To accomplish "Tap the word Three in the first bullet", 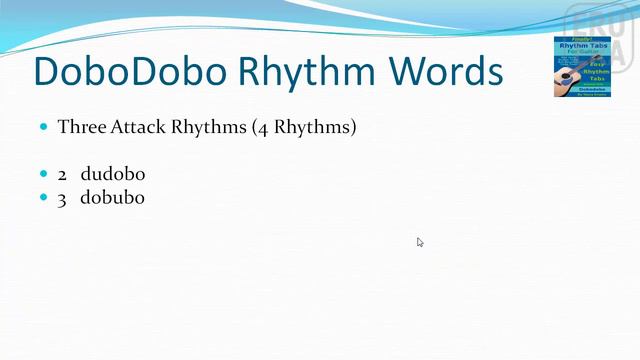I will (80, 128).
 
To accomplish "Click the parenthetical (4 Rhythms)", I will (309, 128).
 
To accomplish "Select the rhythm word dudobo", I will (113, 174).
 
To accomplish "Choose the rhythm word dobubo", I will (113, 198).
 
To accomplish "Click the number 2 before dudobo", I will (62, 174).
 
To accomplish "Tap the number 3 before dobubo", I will (62, 198).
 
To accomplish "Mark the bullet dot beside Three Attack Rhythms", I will (43, 128).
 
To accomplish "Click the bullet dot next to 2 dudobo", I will (43, 174).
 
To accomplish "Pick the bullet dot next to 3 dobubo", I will (43, 198).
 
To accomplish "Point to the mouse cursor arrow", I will (420, 241).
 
